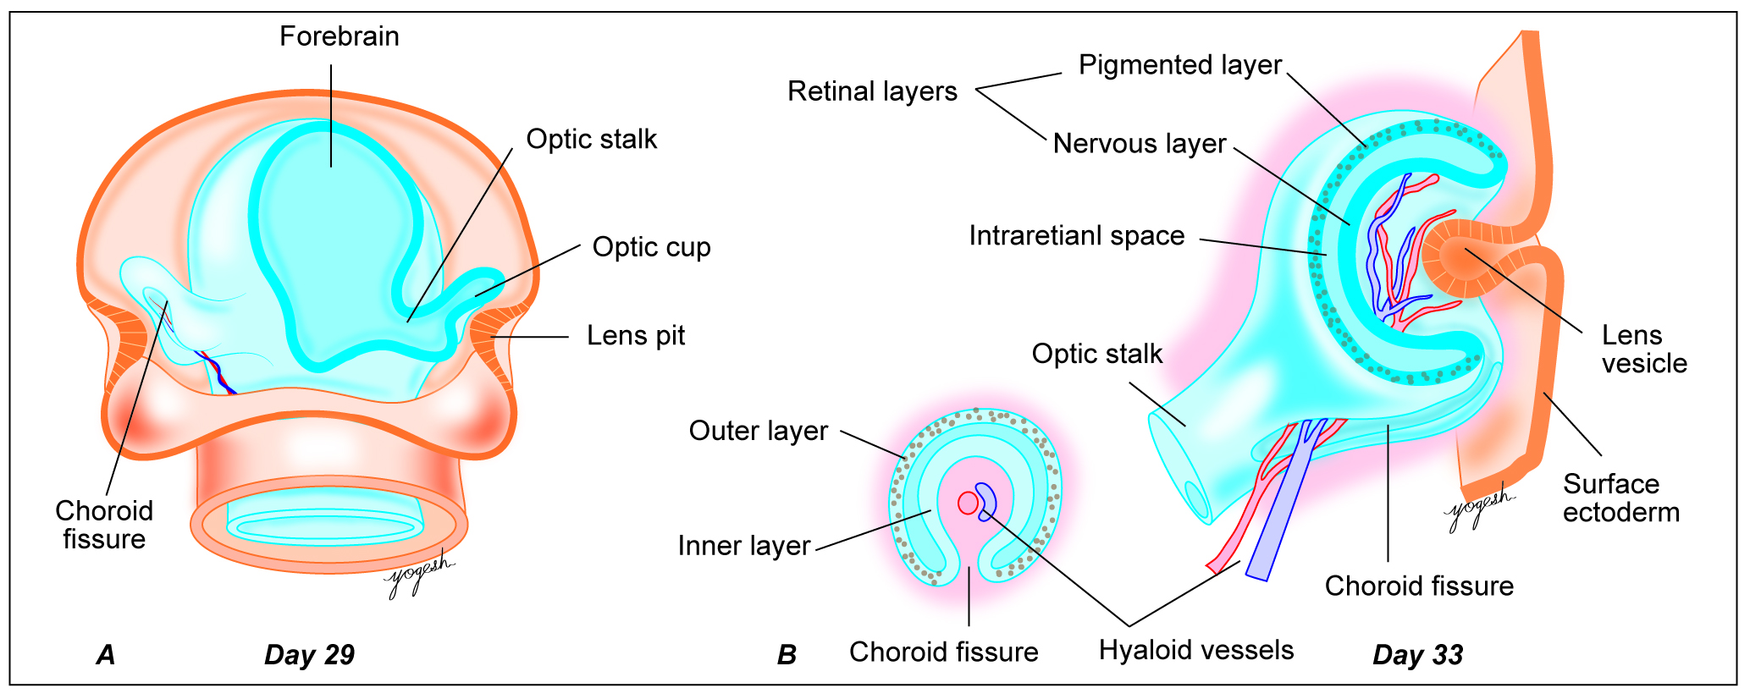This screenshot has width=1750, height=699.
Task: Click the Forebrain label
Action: pyautogui.click(x=339, y=36)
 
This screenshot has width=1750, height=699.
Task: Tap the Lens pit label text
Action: pyautogui.click(x=635, y=336)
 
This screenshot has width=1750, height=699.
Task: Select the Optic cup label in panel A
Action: pyautogui.click(x=651, y=247)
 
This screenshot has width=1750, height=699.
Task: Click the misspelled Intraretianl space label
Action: pyautogui.click(x=1076, y=236)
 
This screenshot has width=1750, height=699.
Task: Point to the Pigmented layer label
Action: pyautogui.click(x=1179, y=65)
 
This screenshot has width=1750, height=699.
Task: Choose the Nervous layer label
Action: pyautogui.click(x=1139, y=144)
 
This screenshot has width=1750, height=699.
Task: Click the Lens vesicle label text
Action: pyautogui.click(x=1643, y=349)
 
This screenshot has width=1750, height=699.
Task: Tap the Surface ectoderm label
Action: pyautogui.click(x=1620, y=498)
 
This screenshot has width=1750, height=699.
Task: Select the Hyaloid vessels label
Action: pyautogui.click(x=1195, y=650)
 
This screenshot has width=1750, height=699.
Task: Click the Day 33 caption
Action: pyautogui.click(x=1417, y=655)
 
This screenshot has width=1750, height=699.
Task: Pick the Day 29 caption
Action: pyautogui.click(x=309, y=655)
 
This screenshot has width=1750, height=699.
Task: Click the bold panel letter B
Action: pyautogui.click(x=787, y=655)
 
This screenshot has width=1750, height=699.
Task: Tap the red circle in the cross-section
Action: pyautogui.click(x=968, y=503)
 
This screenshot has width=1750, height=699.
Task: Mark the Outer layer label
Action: pyautogui.click(x=758, y=431)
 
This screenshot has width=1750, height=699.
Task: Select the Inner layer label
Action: pyautogui.click(x=743, y=546)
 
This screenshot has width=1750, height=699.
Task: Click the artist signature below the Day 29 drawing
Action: pyautogui.click(x=418, y=577)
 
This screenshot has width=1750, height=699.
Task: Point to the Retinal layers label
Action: pyautogui.click(x=872, y=91)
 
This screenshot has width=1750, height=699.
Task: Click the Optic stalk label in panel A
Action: pyautogui.click(x=591, y=140)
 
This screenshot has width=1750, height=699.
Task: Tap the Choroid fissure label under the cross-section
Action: pyautogui.click(x=943, y=652)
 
